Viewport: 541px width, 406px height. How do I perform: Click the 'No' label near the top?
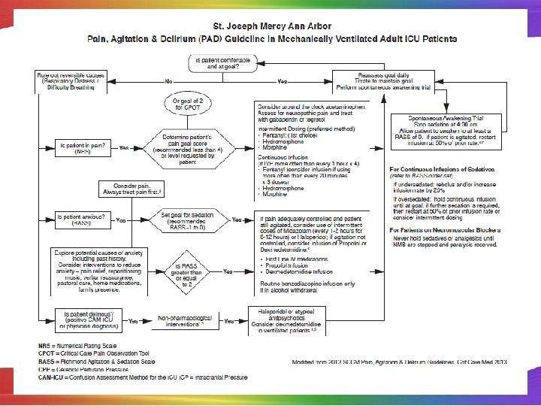tap(170, 80)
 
